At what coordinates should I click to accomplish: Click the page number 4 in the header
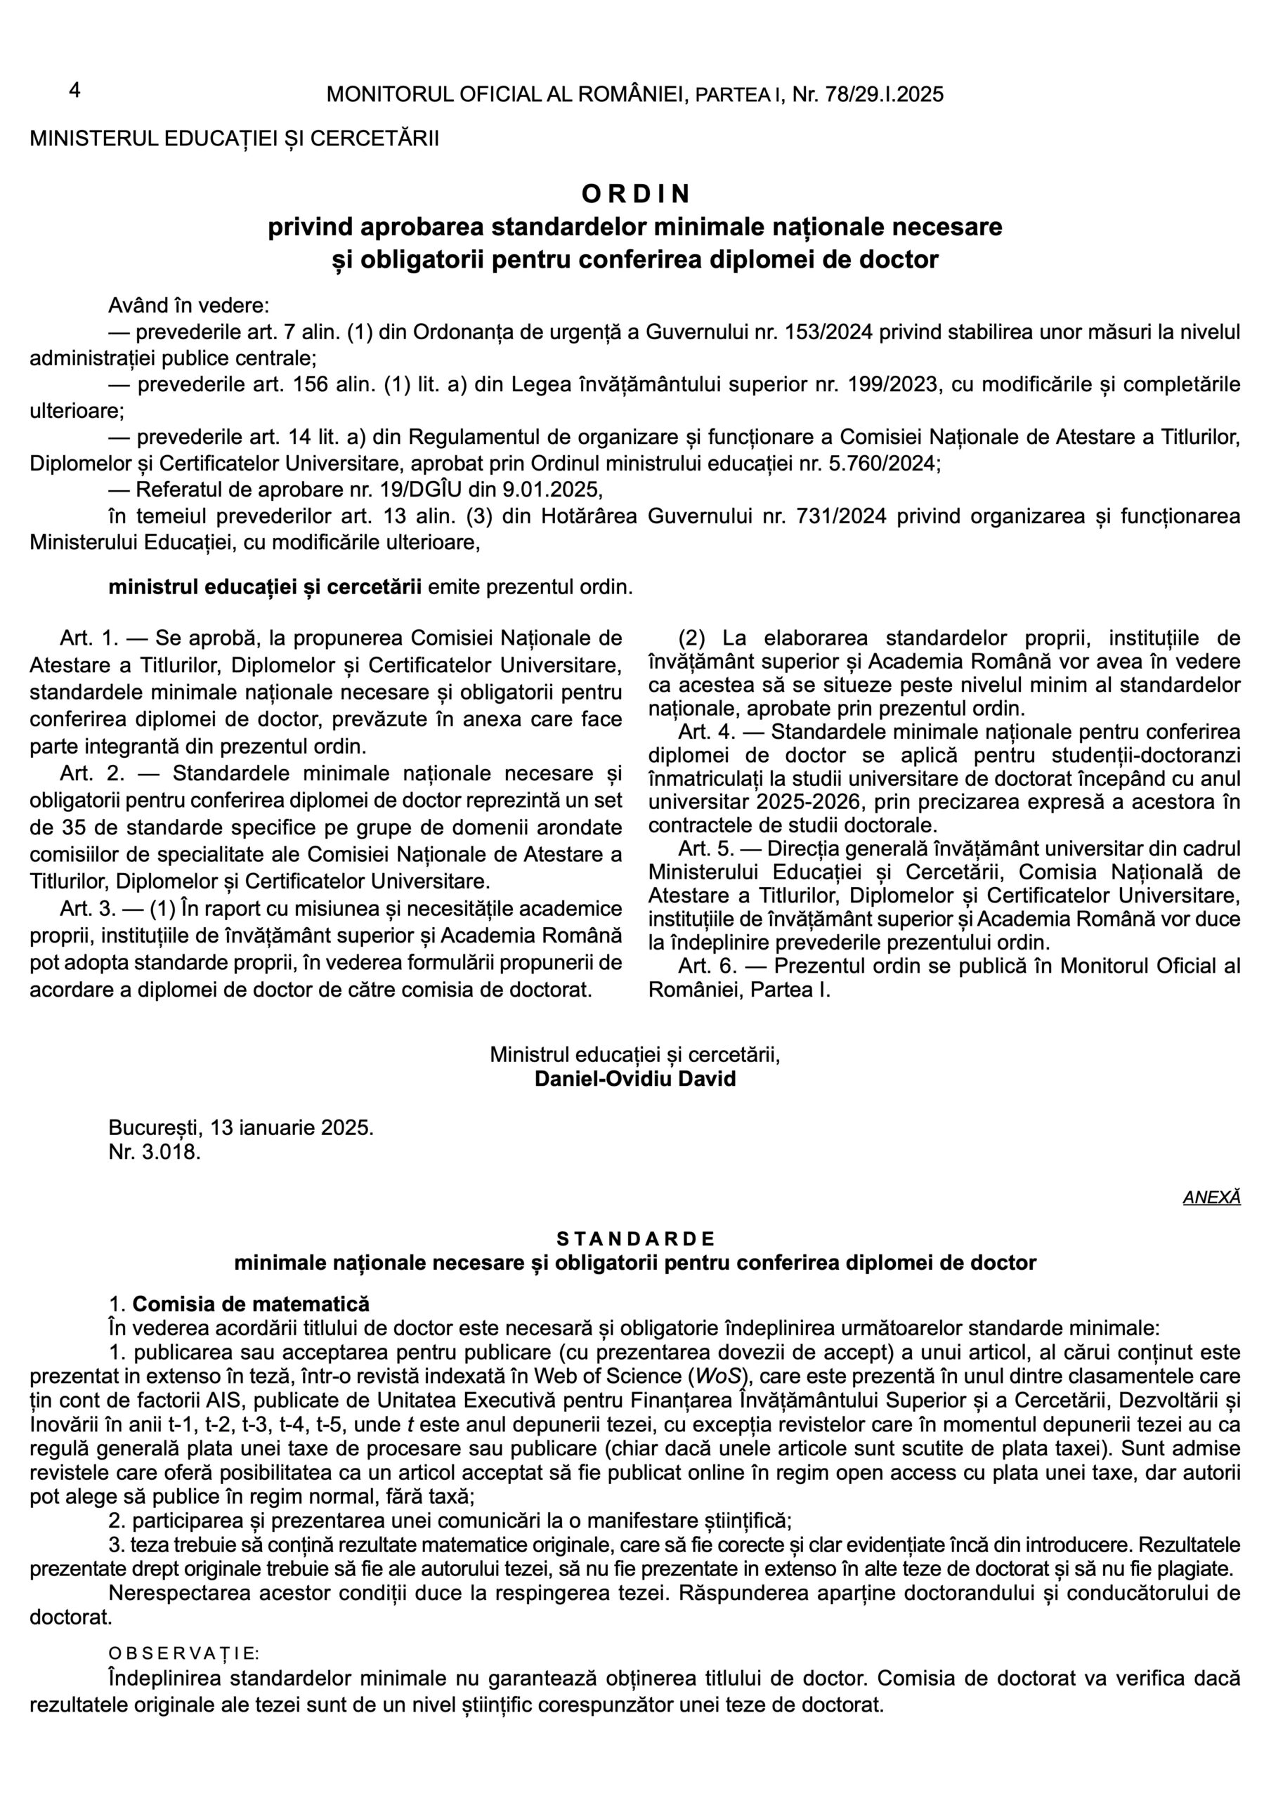click(x=74, y=91)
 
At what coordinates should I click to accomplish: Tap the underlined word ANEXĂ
click(x=1211, y=1197)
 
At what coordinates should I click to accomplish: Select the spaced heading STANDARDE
click(x=635, y=1238)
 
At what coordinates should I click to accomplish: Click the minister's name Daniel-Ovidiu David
click(x=635, y=1079)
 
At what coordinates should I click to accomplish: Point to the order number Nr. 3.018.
click(x=155, y=1153)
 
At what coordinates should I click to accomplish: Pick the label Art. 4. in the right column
click(x=706, y=733)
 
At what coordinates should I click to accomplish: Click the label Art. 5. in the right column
click(x=706, y=849)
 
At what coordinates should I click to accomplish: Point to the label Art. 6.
click(x=706, y=966)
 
